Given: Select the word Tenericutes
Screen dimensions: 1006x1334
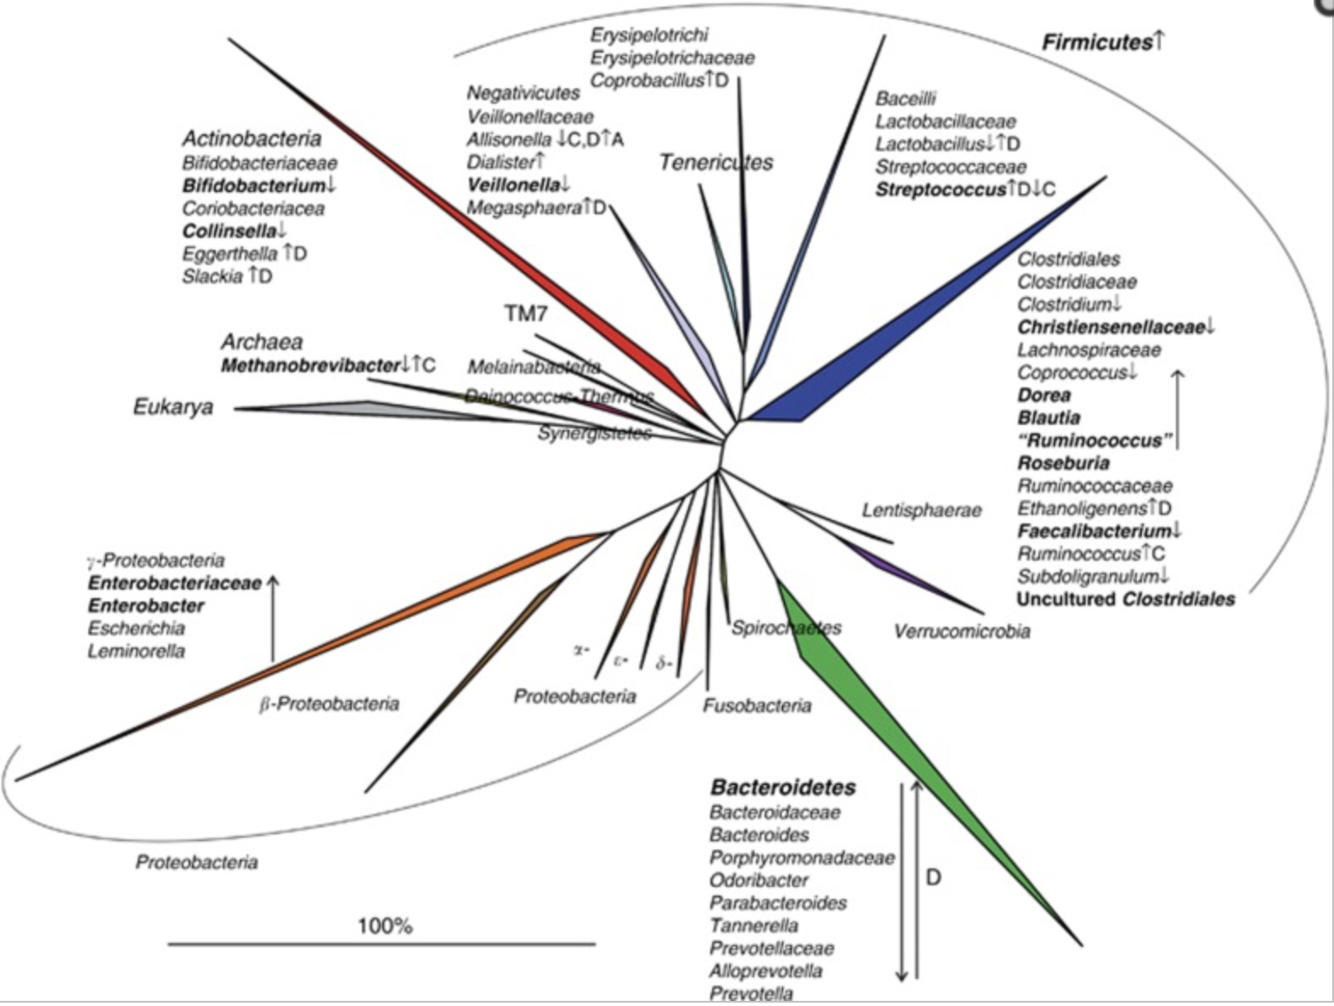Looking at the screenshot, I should click(715, 162).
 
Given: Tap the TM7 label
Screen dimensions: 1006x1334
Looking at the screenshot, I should click(526, 314).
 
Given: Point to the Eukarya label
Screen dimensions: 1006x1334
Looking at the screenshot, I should click(173, 407).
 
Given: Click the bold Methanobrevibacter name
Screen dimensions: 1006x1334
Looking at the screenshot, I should click(310, 366).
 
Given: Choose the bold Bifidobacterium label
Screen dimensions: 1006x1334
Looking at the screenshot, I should click(253, 185).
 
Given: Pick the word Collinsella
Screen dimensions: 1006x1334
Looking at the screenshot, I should click(229, 231).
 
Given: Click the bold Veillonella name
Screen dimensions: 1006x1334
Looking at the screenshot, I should click(513, 184).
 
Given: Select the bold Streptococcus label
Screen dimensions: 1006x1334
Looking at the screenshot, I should click(941, 189).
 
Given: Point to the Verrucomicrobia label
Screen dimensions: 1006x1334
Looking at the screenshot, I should click(961, 631).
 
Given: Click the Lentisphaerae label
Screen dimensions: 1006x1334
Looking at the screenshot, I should click(921, 511).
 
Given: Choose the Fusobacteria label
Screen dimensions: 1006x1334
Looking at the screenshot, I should click(756, 705).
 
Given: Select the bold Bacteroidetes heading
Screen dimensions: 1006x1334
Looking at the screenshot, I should click(783, 788).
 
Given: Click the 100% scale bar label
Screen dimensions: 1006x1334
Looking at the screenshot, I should click(385, 925).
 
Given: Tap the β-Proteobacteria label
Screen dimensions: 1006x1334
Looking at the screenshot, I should click(329, 704).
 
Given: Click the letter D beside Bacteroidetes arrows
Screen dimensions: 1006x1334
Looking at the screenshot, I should click(933, 877).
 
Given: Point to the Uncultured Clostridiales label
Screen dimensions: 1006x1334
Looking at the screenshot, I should click(1126, 599).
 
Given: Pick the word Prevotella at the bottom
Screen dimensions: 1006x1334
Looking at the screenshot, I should click(751, 993).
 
